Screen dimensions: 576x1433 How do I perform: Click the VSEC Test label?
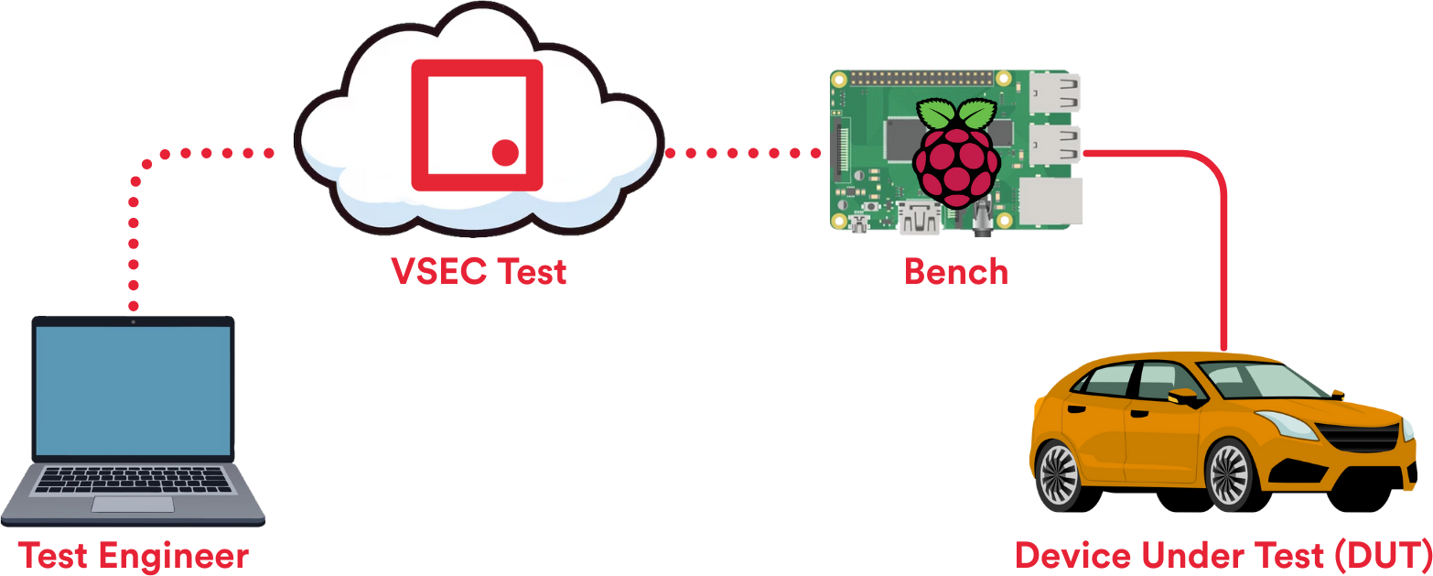[479, 272]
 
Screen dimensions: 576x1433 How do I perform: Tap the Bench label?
[956, 272]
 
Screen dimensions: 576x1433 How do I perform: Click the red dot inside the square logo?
[505, 152]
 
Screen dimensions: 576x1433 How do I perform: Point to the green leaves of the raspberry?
[956, 114]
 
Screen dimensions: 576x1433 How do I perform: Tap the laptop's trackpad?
[133, 505]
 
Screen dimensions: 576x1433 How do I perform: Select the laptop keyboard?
[133, 480]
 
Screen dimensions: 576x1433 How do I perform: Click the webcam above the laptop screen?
[133, 321]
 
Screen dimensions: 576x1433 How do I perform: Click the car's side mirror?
[1181, 397]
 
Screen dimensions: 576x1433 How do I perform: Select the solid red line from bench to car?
[1223, 247]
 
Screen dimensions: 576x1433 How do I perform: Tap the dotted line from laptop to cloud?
[135, 229]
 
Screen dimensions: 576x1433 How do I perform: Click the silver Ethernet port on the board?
[1051, 201]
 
